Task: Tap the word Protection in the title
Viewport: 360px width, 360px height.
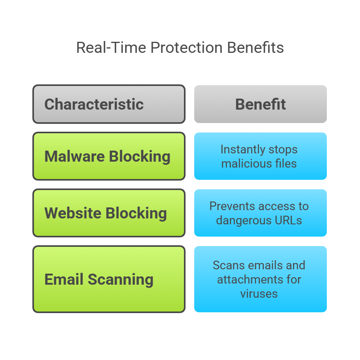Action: (x=186, y=48)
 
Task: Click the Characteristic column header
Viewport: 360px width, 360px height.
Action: (x=94, y=104)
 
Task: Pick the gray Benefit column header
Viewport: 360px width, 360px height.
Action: (x=261, y=104)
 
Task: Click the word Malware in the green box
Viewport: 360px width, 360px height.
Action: (x=74, y=157)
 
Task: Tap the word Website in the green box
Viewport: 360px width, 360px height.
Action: (x=73, y=213)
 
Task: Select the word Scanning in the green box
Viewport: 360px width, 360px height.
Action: (x=120, y=280)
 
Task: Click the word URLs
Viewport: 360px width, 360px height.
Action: (x=289, y=220)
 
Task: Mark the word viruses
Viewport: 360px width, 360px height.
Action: (x=259, y=293)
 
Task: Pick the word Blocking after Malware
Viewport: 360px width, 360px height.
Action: (x=140, y=157)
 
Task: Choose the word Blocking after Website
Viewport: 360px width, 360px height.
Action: (x=136, y=213)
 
